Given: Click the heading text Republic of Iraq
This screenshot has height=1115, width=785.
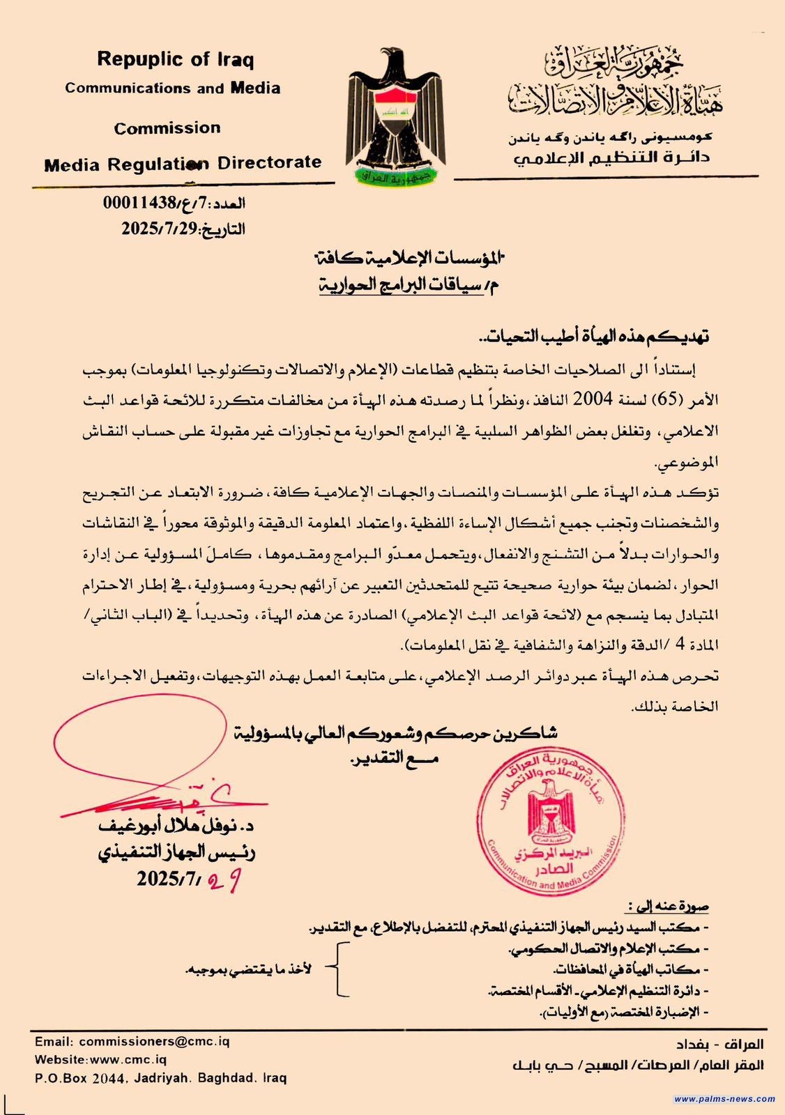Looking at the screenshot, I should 175,59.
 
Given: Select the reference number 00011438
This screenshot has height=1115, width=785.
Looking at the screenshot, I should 139,204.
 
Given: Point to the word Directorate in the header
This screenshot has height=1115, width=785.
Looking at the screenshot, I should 269,163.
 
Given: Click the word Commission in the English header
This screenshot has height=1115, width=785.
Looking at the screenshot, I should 167,128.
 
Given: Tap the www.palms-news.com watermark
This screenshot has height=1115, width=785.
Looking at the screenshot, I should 724,1099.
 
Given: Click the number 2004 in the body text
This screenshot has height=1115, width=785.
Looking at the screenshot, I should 592,399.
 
